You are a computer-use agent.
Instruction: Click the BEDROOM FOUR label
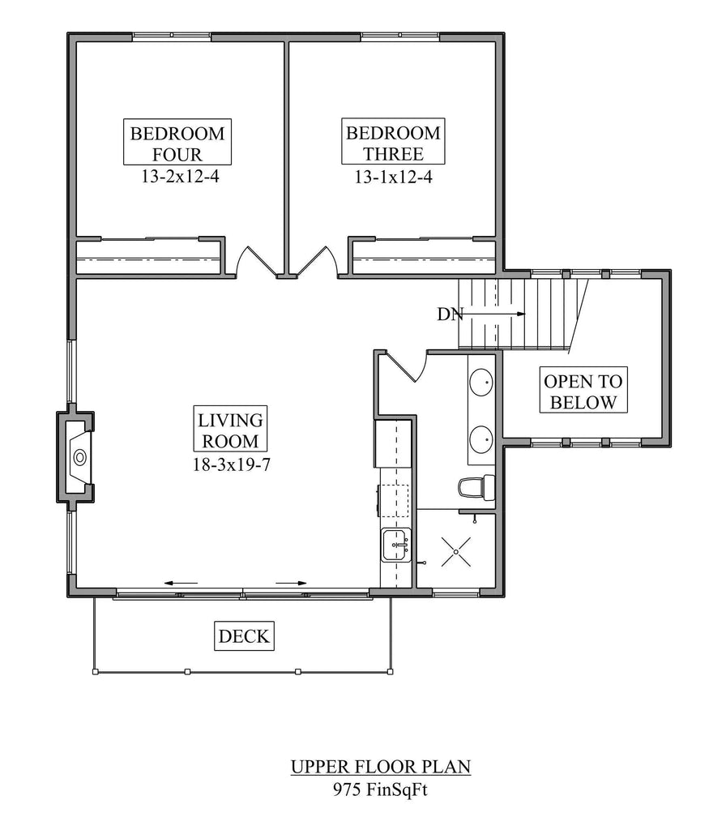tap(177, 143)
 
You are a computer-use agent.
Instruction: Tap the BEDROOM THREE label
tap(393, 143)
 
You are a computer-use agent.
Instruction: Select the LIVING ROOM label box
tap(231, 431)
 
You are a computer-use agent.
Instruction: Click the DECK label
tap(245, 636)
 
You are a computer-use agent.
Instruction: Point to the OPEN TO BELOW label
tap(583, 391)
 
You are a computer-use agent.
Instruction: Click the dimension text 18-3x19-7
tap(231, 464)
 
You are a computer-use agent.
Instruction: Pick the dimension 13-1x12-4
tap(393, 176)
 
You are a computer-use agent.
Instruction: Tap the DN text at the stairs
tap(450, 314)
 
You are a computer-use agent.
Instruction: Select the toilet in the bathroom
tap(474, 487)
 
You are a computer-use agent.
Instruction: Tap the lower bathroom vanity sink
tap(482, 438)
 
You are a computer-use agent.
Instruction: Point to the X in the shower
tap(455, 551)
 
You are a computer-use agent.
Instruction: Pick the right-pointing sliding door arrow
tap(291, 583)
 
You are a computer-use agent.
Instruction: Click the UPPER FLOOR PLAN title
tap(381, 765)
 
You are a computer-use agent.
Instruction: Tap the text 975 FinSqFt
tap(381, 789)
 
